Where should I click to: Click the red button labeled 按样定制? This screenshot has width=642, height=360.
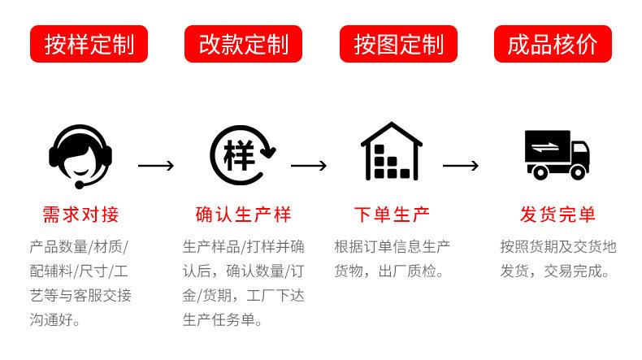click(x=89, y=44)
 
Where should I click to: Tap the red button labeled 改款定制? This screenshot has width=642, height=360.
click(x=244, y=44)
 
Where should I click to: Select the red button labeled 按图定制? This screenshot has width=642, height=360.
click(x=398, y=44)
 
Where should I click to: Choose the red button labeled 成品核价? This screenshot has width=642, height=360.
click(x=553, y=44)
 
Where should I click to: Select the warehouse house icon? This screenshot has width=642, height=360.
click(x=392, y=152)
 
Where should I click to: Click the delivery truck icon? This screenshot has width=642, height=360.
click(x=556, y=154)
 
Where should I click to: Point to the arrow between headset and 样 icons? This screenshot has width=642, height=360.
click(x=156, y=166)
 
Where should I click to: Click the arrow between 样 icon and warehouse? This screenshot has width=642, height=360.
click(x=309, y=166)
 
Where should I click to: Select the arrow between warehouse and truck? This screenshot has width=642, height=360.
click(x=461, y=166)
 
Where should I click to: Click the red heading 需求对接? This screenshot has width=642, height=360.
click(x=80, y=215)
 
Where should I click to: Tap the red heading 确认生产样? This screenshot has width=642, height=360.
click(x=243, y=215)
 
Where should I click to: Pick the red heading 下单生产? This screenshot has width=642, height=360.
click(x=392, y=215)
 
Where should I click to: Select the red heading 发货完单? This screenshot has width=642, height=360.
click(x=557, y=215)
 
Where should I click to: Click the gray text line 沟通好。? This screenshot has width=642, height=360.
click(x=55, y=320)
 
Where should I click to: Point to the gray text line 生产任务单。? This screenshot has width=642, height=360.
click(x=223, y=320)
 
